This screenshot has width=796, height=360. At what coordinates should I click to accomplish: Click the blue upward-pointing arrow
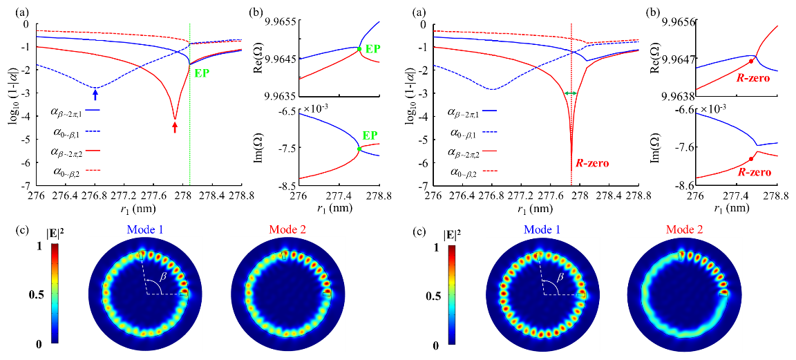[x=95, y=94]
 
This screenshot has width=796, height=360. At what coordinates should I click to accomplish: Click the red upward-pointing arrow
[x=175, y=126]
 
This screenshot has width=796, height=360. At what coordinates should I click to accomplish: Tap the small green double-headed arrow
[x=571, y=93]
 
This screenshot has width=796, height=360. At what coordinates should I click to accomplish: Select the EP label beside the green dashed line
[x=201, y=73]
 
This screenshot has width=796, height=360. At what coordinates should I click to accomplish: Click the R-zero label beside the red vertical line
[x=592, y=164]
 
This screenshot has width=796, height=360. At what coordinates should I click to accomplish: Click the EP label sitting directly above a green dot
[x=370, y=136]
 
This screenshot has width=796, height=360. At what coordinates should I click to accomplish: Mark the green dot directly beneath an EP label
[x=359, y=149]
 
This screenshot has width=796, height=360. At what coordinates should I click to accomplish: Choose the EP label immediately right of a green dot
[x=372, y=49]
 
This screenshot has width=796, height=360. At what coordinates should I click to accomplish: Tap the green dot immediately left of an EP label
[x=359, y=49]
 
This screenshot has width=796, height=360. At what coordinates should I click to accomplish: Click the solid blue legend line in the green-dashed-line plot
[x=93, y=110]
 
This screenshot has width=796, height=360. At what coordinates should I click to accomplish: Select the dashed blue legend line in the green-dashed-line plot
[x=93, y=131]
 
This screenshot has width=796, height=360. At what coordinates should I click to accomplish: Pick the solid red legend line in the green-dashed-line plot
[x=93, y=150]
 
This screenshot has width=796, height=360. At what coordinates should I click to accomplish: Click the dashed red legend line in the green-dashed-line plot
[x=93, y=170]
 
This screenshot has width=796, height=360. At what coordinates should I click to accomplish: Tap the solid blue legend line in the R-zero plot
[x=490, y=111]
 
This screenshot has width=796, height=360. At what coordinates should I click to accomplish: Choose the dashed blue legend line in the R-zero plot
[x=490, y=131]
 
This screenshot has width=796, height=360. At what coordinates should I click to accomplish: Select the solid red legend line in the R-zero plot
[x=490, y=150]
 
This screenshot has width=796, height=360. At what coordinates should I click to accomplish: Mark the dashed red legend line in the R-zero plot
[x=490, y=170]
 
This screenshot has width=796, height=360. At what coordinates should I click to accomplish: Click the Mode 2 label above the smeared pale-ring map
[x=684, y=229]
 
